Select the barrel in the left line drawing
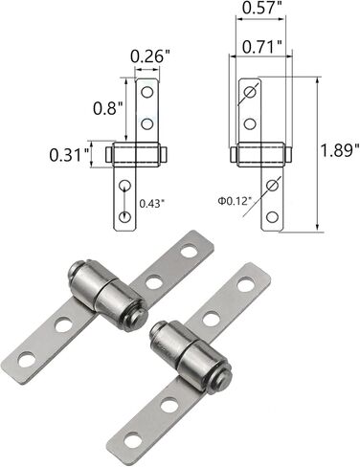click(x=136, y=153)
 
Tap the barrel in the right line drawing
click(x=260, y=153)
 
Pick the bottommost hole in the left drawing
click(x=124, y=216)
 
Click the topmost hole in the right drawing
click(x=250, y=93)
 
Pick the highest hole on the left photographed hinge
click(x=190, y=253)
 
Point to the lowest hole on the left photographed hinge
click(x=28, y=360)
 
